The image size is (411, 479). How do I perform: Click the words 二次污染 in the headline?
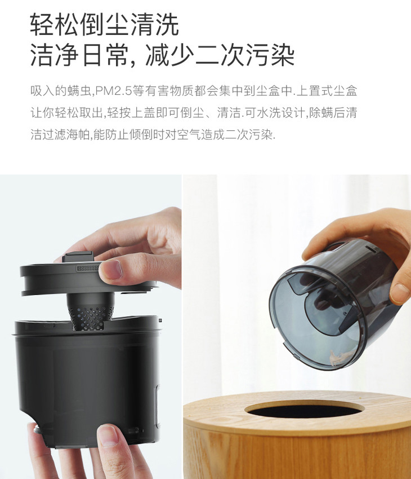245,55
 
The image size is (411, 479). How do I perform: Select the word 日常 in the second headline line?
105,55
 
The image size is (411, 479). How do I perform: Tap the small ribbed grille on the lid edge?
88,269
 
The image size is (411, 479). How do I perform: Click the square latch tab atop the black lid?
78,256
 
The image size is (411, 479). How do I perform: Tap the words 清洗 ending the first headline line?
155,24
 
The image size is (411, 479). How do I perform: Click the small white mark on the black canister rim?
160,320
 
